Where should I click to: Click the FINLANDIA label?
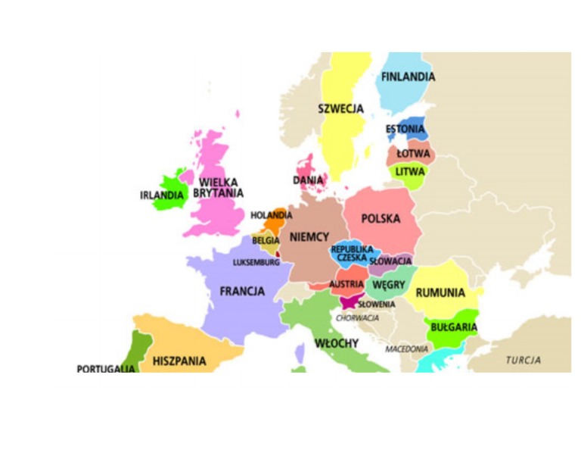[408, 77]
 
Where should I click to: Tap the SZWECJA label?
[340, 109]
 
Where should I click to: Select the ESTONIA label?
[405, 130]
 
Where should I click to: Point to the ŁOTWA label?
[413, 154]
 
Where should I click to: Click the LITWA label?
[410, 171]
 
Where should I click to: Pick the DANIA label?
[308, 180]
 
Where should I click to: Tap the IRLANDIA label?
[162, 195]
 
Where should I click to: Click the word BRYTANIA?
[219, 193]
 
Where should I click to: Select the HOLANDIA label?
[272, 215]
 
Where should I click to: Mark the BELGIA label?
[266, 240]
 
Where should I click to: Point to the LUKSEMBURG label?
[256, 263]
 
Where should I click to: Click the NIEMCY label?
[309, 237]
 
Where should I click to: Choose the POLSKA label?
[381, 219]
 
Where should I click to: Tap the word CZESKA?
[352, 258]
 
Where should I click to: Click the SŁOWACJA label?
[390, 261]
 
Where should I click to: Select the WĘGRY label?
[389, 285]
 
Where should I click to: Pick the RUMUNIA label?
[440, 292]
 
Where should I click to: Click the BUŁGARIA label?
[453, 327]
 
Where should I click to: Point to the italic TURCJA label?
[524, 360]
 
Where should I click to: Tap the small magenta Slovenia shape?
[350, 301]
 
